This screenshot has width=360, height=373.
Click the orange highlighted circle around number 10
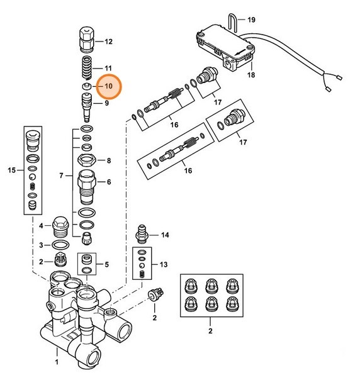pos(108,86)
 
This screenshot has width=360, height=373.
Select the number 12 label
pos(108,42)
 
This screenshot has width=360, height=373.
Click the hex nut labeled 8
pos(86,160)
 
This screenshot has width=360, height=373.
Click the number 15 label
pos(10,170)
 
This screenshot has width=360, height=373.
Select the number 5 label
pos(107,264)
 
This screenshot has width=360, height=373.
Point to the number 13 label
pos(164,264)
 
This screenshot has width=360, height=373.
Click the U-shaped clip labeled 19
pos(232,24)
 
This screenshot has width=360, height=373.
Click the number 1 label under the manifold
pos(57,363)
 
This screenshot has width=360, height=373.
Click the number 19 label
pos(252,20)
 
